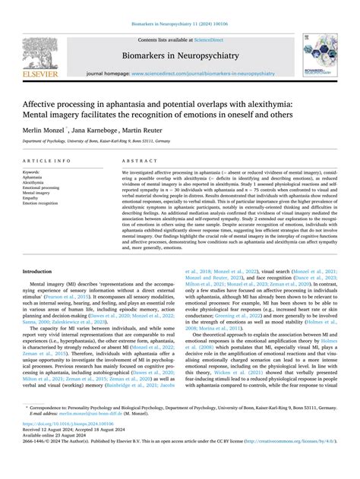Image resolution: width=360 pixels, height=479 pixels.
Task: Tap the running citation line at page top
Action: click(179, 6)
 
